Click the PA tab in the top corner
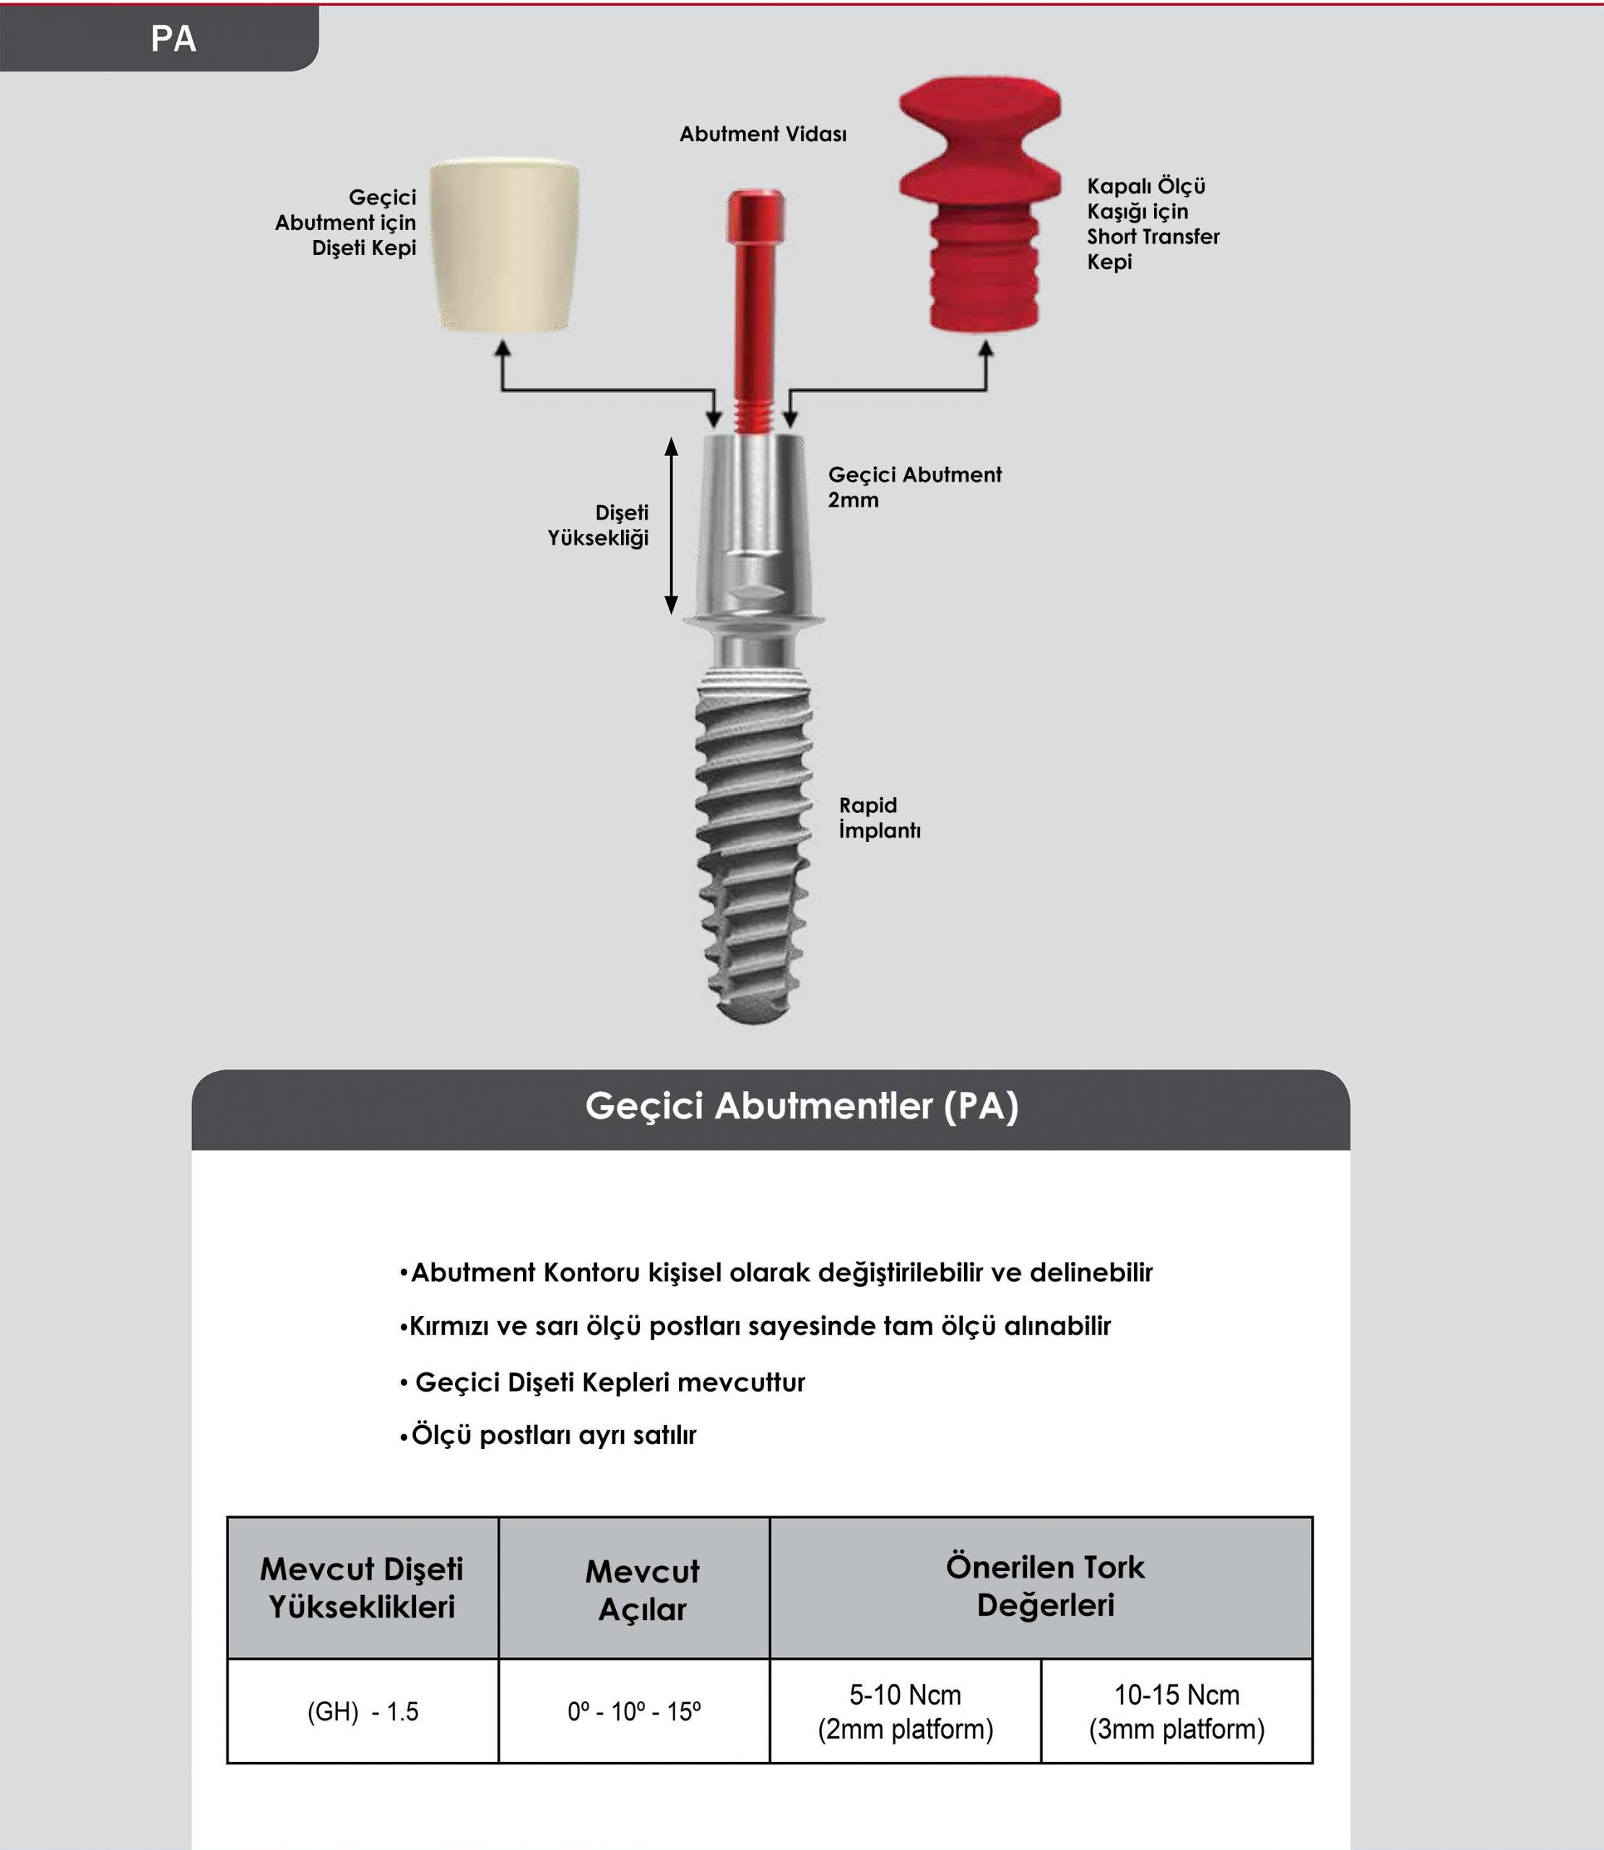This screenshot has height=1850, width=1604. (x=173, y=38)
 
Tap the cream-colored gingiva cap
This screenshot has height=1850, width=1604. (x=504, y=246)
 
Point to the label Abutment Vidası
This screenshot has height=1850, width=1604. (x=763, y=134)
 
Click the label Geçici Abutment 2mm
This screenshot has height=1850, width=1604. (x=913, y=487)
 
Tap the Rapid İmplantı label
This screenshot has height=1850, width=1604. (x=879, y=817)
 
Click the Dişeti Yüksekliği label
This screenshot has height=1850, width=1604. (x=598, y=525)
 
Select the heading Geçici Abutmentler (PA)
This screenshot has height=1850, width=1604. (x=802, y=1106)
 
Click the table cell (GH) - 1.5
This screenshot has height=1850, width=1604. (x=363, y=1711)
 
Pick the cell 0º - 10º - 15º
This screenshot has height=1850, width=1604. (x=633, y=1711)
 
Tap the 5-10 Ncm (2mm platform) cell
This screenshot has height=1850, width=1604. (x=905, y=1711)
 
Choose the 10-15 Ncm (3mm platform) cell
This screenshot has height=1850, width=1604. (x=1176, y=1711)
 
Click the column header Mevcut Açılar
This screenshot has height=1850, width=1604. (x=642, y=1591)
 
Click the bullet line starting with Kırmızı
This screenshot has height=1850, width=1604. (x=755, y=1326)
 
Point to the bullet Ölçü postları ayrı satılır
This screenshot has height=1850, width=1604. (x=548, y=1435)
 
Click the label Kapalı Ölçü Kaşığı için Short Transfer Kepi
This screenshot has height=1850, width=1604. (x=1152, y=224)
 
